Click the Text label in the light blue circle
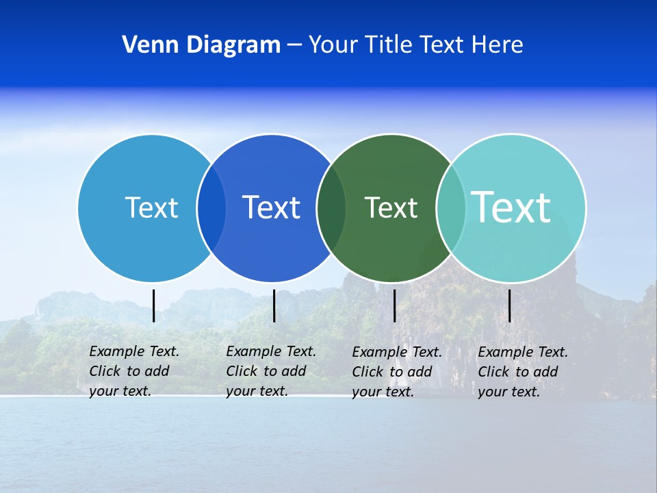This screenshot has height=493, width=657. click(151, 207)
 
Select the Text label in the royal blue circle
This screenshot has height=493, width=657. click(271, 207)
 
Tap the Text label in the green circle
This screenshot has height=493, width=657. click(391, 207)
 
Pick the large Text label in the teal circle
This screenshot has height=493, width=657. click(511, 207)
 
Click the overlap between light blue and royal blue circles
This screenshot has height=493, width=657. click(211, 208)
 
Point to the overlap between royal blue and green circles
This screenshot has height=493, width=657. click(331, 208)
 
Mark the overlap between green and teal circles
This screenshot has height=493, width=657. click(450, 208)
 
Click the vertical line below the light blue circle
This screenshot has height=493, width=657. click(153, 305)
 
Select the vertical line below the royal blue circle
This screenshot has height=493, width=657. click(274, 305)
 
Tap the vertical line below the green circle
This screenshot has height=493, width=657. click(394, 305)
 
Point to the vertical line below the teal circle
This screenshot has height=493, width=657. click(509, 305)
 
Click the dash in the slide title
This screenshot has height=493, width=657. click(294, 46)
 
